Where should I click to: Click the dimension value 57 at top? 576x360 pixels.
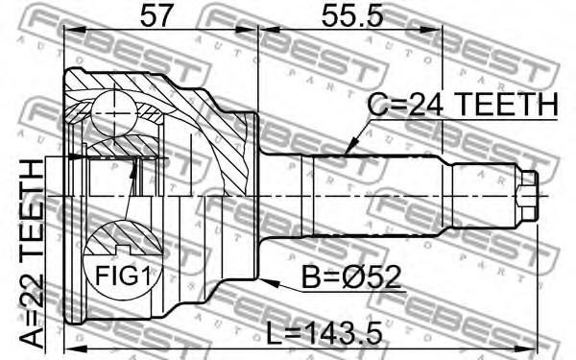[156, 15]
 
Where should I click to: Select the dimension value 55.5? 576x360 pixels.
[352, 15]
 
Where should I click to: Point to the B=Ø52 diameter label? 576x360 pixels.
[350, 277]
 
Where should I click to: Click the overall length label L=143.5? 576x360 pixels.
[324, 332]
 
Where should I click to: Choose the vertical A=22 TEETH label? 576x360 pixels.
[32, 253]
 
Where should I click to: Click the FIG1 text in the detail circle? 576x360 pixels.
[123, 276]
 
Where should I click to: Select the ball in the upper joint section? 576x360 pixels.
[114, 113]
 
